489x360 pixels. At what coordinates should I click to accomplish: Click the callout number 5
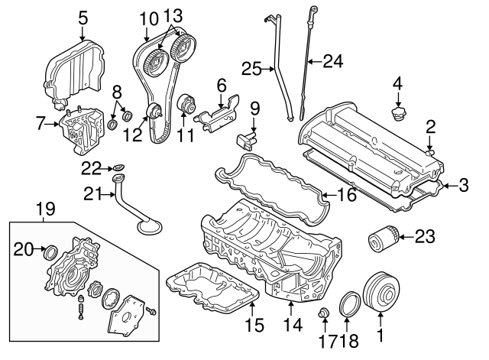[x=83, y=15]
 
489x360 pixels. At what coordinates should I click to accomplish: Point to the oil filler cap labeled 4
[x=397, y=115]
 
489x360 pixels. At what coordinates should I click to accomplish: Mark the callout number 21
[x=92, y=194]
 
